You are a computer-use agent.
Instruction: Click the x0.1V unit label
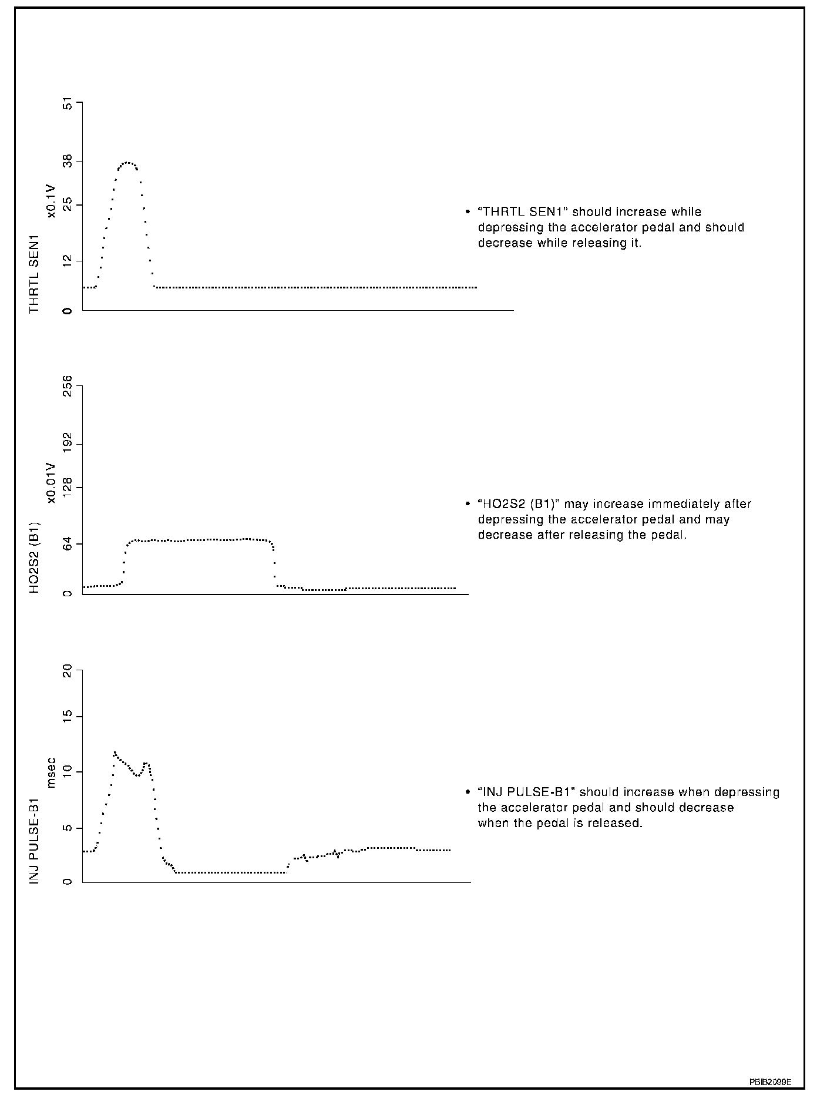tap(52, 201)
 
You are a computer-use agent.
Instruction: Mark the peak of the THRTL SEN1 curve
tap(127, 162)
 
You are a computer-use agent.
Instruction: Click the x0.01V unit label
tap(52, 483)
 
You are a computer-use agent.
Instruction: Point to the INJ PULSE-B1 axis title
tap(35, 841)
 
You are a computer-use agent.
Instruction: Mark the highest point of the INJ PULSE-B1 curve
tap(115, 753)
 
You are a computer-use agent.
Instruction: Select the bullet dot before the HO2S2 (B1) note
tap(468, 504)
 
